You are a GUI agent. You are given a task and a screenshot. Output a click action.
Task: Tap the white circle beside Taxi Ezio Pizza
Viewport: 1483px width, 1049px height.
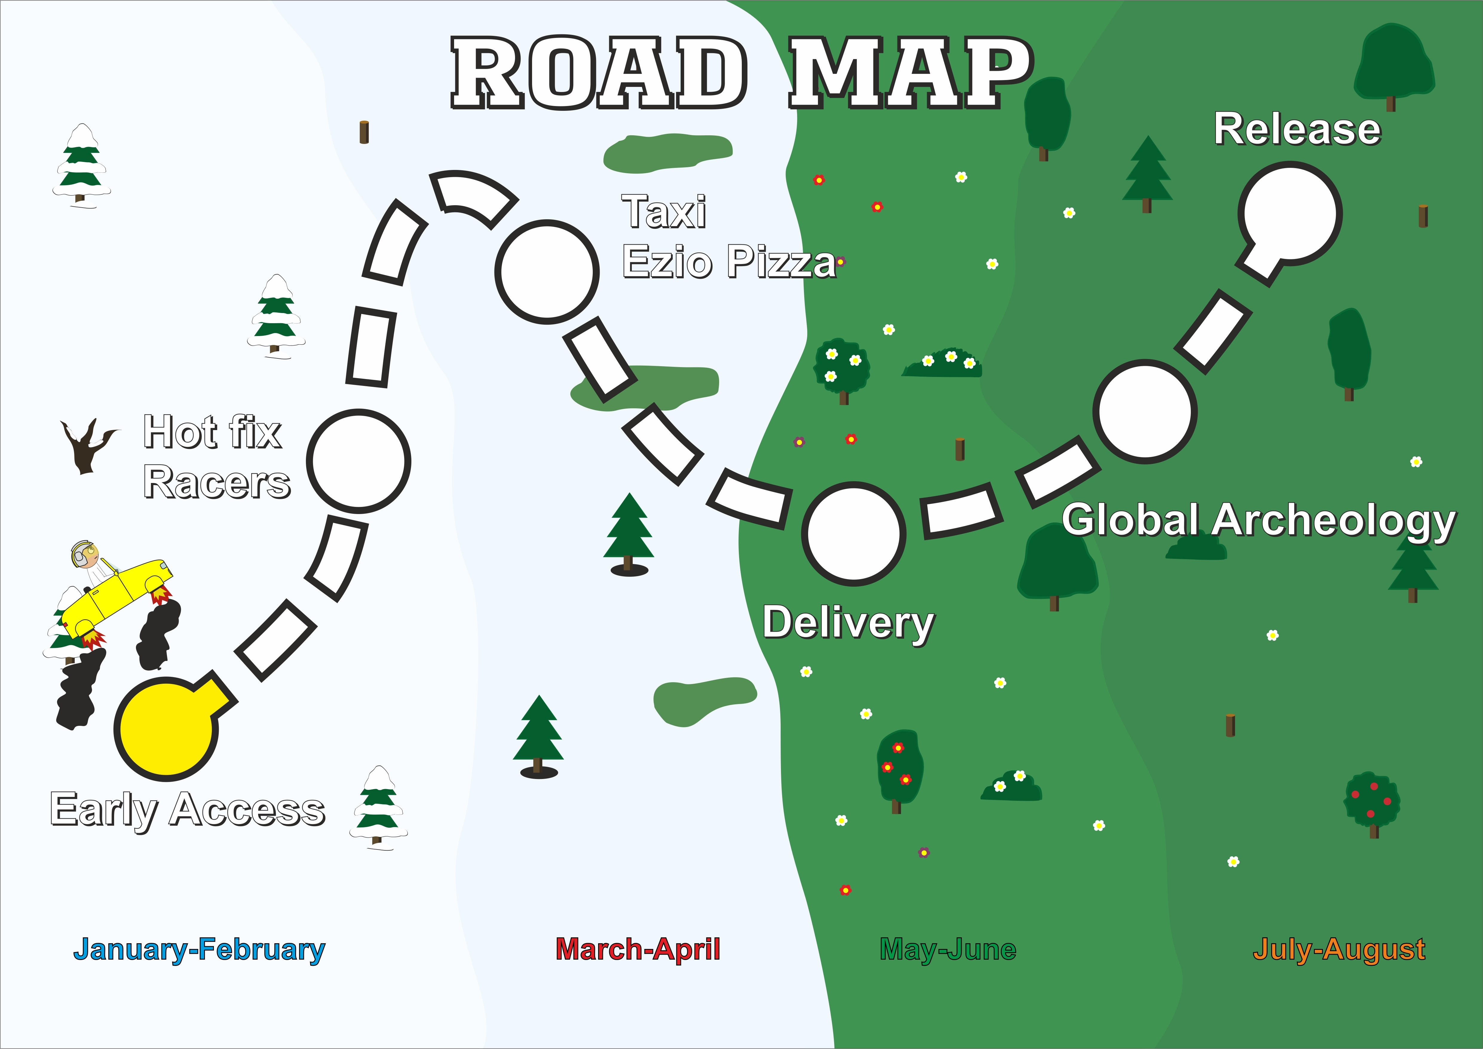(x=547, y=272)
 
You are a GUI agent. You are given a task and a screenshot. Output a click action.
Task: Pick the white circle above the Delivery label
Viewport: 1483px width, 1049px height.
(x=854, y=533)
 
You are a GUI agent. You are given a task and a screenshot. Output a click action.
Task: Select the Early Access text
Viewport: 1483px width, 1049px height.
(x=187, y=810)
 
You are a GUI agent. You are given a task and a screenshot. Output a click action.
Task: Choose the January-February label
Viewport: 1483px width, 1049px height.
(x=199, y=950)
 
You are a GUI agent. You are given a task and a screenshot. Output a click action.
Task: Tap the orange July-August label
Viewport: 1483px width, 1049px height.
(x=1339, y=950)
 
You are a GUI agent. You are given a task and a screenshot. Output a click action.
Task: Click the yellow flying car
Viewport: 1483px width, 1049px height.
(x=116, y=597)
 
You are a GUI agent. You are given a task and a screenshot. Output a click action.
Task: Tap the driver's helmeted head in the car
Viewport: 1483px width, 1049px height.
(x=84, y=553)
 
